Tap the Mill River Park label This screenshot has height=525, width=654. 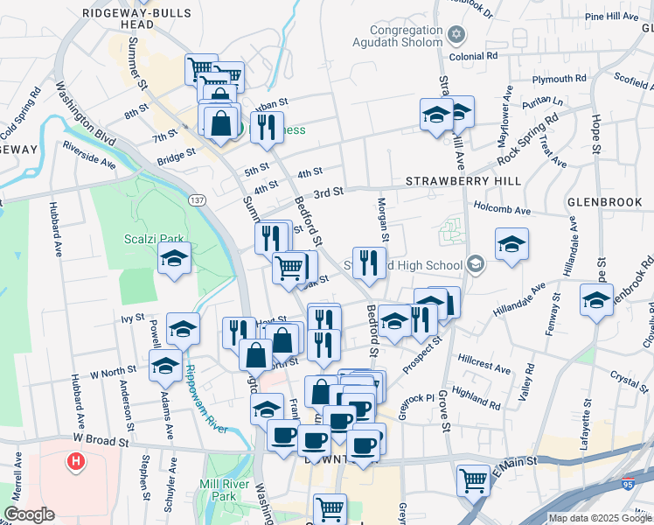click(218, 489)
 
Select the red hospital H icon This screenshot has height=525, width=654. click(76, 460)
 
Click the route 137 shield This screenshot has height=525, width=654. click(198, 200)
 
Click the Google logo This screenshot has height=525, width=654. click(29, 514)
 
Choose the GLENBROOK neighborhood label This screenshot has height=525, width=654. click(604, 201)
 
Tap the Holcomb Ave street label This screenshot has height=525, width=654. click(502, 210)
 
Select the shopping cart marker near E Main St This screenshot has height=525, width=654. click(473, 479)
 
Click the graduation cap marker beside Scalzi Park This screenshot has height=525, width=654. click(175, 259)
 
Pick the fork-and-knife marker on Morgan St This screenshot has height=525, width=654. click(370, 262)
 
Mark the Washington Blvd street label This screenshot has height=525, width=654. click(86, 114)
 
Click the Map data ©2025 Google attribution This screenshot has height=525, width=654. click(600, 518)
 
